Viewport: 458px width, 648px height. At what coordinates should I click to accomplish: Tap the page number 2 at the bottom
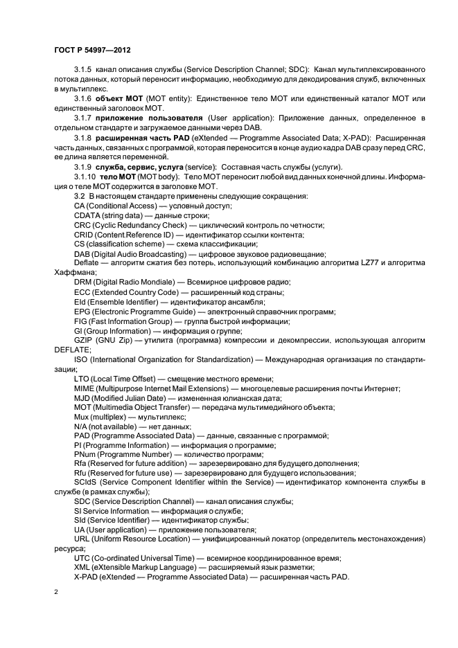tap(56, 593)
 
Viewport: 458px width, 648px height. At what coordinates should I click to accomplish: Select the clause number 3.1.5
tap(83, 71)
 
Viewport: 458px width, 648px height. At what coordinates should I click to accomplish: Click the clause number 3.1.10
tap(85, 178)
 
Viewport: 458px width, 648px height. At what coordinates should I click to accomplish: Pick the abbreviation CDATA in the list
tap(88, 216)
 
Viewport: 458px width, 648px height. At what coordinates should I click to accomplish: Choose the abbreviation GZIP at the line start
tap(85, 341)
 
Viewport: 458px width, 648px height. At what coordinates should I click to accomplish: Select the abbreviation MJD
tap(83, 398)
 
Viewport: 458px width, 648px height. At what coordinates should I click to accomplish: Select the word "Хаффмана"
tap(72, 273)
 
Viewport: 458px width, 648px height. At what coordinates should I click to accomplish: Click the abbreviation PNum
tap(86, 453)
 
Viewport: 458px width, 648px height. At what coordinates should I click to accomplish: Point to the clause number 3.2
tap(80, 197)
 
